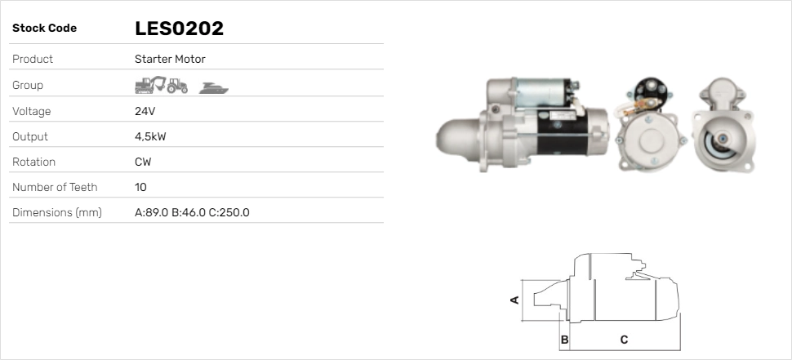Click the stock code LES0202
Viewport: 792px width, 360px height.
coord(179,29)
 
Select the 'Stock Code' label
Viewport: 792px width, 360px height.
coord(44,29)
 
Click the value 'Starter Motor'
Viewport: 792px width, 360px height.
coord(170,59)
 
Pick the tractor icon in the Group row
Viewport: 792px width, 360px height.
coord(177,85)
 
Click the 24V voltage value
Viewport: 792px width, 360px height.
coord(144,111)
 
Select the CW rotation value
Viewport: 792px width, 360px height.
coord(143,162)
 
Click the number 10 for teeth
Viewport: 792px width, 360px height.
coord(140,187)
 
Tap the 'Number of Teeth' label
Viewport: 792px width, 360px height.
coord(55,187)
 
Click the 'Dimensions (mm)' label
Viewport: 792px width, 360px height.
coord(56,212)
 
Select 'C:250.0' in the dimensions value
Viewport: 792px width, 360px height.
coord(230,212)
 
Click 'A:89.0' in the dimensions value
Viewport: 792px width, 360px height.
coord(151,212)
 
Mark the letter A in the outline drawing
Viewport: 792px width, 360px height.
coord(514,300)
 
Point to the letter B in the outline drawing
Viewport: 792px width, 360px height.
coord(564,339)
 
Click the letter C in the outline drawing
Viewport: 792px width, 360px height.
coord(624,339)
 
